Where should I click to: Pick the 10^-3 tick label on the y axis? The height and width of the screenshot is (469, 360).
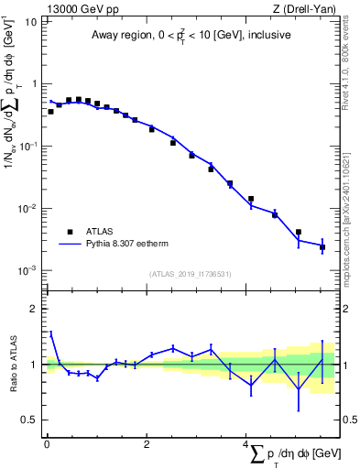[27, 271]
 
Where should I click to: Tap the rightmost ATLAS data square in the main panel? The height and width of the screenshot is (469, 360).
[322, 247]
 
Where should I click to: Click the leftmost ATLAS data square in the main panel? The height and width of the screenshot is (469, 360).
[50, 111]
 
